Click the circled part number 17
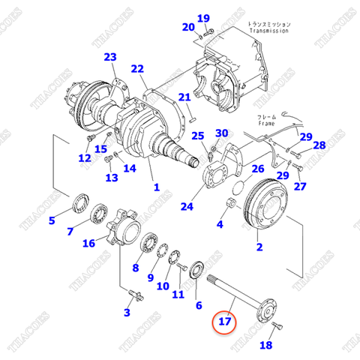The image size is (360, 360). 226,322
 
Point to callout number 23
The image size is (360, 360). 110,57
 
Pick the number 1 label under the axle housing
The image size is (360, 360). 156,187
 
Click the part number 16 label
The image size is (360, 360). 88,242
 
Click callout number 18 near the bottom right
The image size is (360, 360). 265,345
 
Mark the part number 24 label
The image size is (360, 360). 187,207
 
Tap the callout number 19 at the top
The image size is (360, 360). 203,18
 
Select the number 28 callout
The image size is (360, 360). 319,145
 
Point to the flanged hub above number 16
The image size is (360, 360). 123,223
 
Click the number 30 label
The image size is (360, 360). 221,133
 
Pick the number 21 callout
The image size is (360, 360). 184,97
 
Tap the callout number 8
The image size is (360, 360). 136,267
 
